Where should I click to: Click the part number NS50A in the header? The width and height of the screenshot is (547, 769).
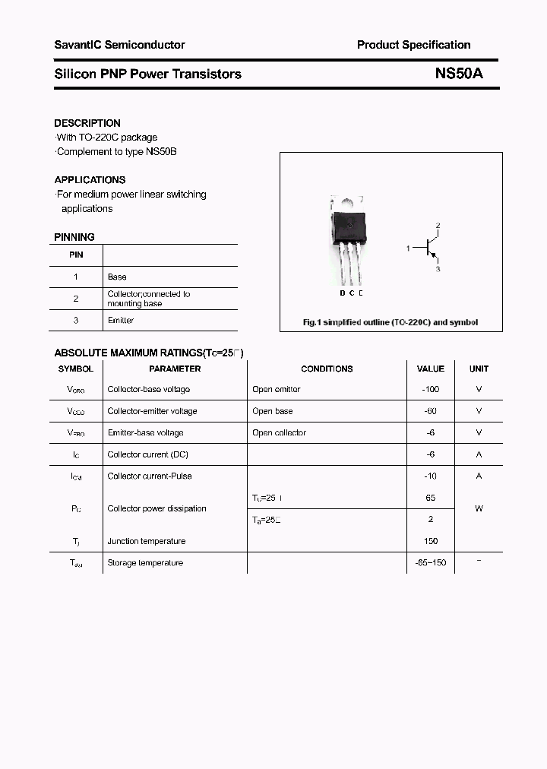point(458,74)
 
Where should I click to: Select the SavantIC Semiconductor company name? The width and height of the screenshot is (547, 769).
point(119,45)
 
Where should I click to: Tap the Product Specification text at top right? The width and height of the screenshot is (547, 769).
point(413,45)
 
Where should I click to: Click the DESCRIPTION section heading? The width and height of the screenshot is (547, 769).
point(87,123)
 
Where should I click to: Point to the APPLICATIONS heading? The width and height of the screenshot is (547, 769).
point(90,180)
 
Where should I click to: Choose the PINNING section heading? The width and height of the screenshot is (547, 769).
point(74,237)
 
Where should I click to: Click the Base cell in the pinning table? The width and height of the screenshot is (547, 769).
point(117,277)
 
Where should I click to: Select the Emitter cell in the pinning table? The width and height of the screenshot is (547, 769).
point(121,321)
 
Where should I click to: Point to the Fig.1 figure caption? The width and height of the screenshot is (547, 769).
point(390,322)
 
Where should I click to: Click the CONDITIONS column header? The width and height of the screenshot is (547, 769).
point(327,369)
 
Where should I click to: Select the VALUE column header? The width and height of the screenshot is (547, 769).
point(431,369)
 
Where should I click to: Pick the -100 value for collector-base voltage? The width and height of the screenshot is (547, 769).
point(431,389)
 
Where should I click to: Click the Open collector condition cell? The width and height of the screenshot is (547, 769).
point(279,432)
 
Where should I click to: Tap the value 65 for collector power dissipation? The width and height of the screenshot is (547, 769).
point(431,498)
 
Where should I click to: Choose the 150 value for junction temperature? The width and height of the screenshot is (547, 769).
point(431,541)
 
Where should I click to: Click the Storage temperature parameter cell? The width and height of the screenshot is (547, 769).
point(145,563)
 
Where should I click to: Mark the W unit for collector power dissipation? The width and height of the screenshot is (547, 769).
point(479,508)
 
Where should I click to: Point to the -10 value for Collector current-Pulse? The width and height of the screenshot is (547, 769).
point(431,476)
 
